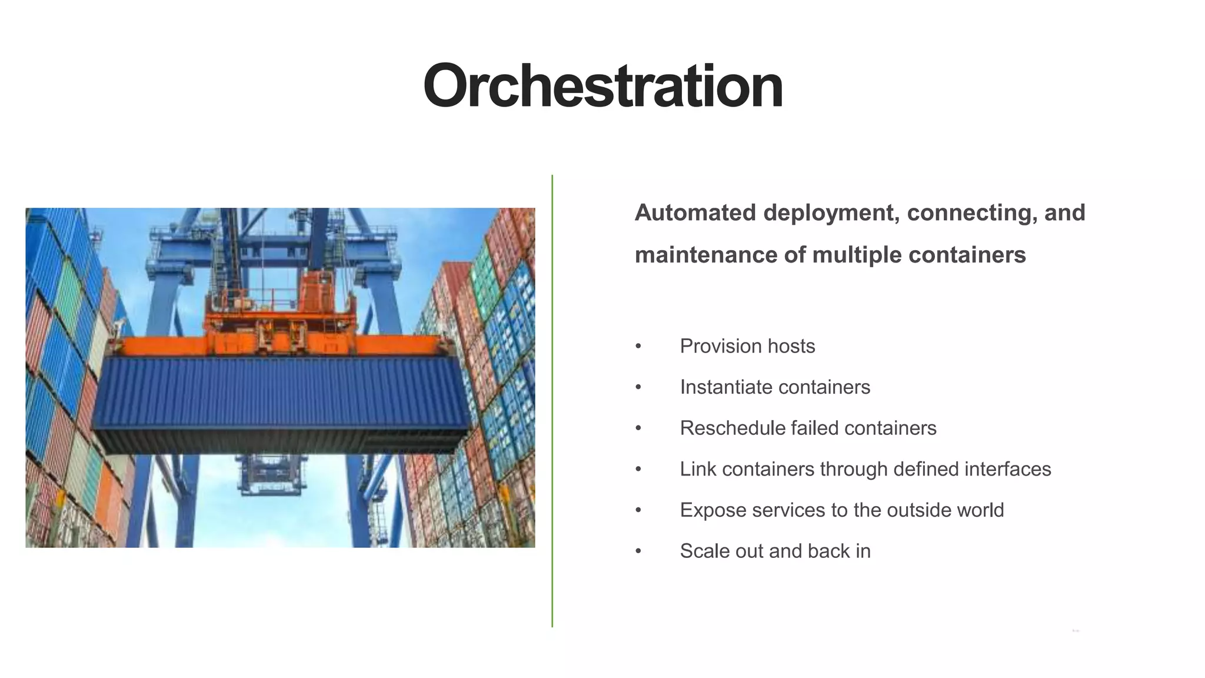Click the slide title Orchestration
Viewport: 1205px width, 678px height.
point(602,87)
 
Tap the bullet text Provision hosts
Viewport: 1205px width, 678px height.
point(747,346)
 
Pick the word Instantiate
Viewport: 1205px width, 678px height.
point(725,387)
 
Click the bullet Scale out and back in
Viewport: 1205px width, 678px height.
point(775,551)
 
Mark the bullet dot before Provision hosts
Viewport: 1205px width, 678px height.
point(638,347)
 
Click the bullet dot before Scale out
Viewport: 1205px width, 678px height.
point(638,551)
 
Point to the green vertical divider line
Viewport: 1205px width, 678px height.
point(552,400)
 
